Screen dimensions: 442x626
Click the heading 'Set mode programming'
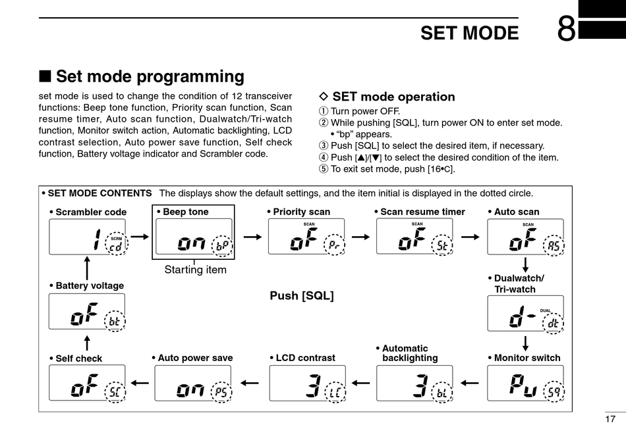click(150, 77)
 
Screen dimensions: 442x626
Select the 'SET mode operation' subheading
click(393, 97)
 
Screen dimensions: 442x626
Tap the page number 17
click(610, 419)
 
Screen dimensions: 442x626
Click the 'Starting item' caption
click(195, 270)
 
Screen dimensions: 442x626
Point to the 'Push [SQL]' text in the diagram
click(302, 296)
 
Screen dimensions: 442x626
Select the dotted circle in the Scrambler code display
click(116, 245)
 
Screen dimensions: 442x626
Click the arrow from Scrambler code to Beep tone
click(140, 235)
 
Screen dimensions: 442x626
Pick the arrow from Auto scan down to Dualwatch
click(526, 264)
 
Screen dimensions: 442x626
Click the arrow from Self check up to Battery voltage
click(87, 343)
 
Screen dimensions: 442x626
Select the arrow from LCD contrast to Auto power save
click(250, 382)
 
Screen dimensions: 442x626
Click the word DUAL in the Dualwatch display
click(545, 310)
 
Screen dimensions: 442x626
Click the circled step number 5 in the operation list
click(323, 168)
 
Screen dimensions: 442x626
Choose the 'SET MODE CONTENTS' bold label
click(100, 193)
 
